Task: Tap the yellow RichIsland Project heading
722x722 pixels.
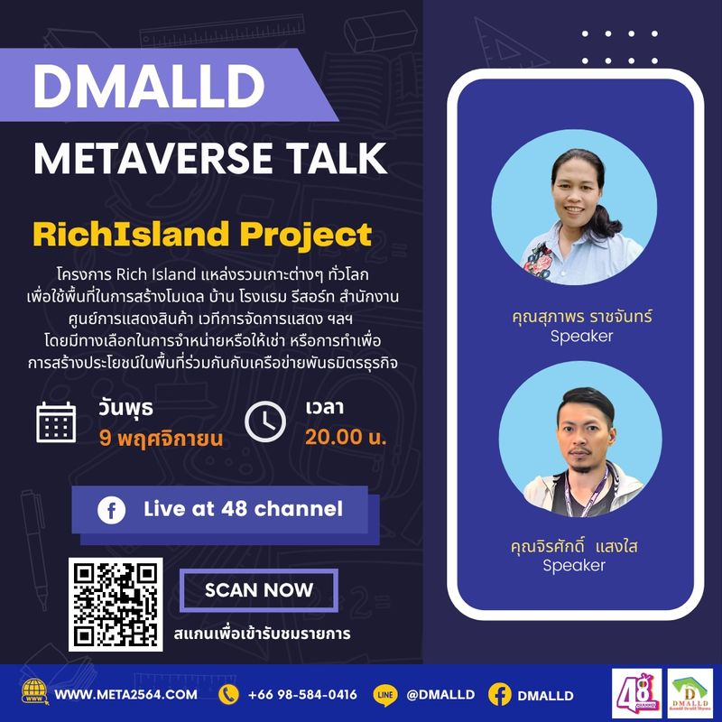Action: coord(202,235)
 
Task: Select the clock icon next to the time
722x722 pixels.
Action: coord(265,421)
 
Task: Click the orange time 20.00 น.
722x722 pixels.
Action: coord(346,439)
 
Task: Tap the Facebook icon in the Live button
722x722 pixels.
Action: coord(112,511)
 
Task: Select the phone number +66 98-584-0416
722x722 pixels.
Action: coord(302,695)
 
